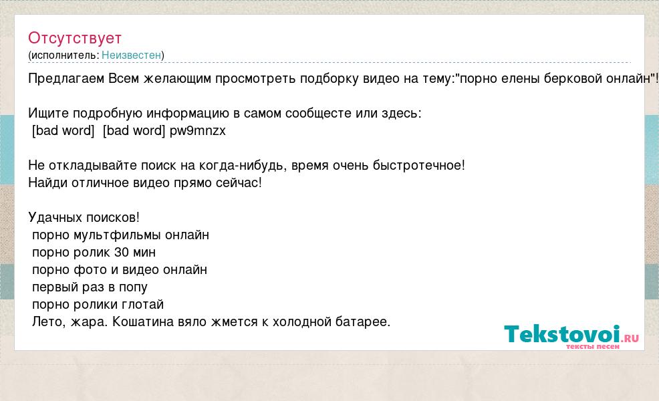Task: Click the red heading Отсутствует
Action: pyautogui.click(x=75, y=39)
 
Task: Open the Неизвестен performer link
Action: pyautogui.click(x=131, y=55)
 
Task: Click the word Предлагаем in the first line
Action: pyautogui.click(x=66, y=79)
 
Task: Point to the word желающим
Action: pyautogui.click(x=177, y=79)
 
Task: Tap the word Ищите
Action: pyautogui.click(x=48, y=114)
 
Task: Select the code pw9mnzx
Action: pyautogui.click(x=198, y=131)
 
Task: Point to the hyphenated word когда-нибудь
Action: pyautogui.click(x=243, y=166)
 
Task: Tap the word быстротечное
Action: pyautogui.click(x=419, y=166)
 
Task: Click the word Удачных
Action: pyautogui.click(x=54, y=218)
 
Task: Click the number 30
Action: pyautogui.click(x=122, y=253)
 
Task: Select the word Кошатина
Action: pyautogui.click(x=143, y=322)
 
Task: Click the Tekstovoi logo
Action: pyautogui.click(x=571, y=334)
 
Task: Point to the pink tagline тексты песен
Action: pyautogui.click(x=593, y=347)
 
